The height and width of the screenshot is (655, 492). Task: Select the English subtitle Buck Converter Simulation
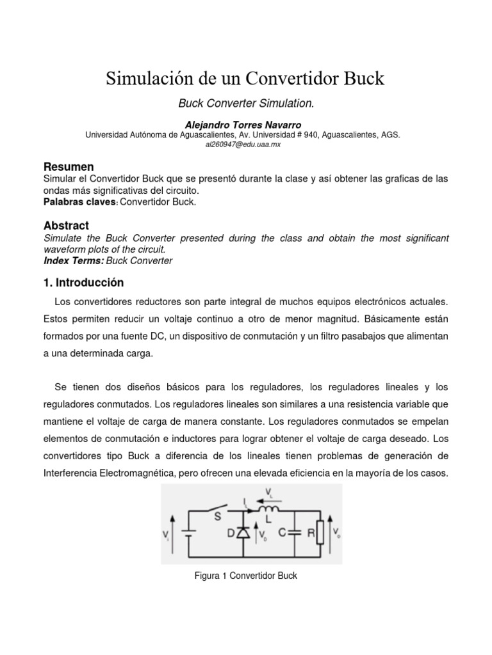(245, 103)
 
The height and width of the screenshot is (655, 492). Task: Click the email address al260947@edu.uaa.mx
(243, 145)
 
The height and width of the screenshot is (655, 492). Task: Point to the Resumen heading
(69, 167)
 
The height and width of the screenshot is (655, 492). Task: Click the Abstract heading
(66, 225)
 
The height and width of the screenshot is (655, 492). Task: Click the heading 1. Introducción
(83, 282)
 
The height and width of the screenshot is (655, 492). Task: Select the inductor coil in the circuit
(268, 510)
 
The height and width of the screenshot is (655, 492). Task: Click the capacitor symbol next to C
(295, 532)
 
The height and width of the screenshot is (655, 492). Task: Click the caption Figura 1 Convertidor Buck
(245, 576)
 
